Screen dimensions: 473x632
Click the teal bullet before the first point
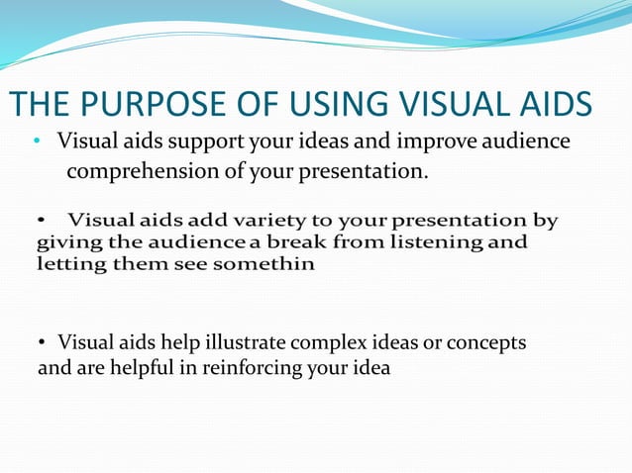(x=36, y=142)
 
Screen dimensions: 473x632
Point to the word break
(x=293, y=241)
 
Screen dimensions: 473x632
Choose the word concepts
(x=486, y=342)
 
